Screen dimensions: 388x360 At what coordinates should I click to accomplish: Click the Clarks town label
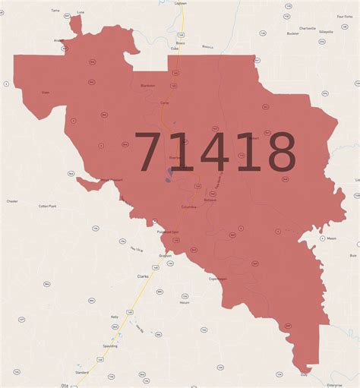coord(143,276)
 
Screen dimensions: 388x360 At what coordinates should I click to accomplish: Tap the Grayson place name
coord(165,255)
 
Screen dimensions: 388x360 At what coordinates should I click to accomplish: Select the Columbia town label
coord(189,206)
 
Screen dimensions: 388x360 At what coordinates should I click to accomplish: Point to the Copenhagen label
coord(218,279)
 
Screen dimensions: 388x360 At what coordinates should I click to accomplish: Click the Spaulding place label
coord(109,345)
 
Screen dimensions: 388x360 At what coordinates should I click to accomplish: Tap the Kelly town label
coord(115,317)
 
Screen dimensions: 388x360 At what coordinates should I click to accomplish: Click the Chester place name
coord(12,201)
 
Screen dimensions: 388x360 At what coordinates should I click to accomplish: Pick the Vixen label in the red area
coord(45,92)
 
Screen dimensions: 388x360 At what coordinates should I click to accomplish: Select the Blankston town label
coord(147,86)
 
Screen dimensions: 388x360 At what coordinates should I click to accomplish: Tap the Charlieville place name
coord(308,28)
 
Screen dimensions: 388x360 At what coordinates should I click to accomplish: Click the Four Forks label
coord(344,16)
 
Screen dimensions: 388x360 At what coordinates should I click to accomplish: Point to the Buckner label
coord(292,34)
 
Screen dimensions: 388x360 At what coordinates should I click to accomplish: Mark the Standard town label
coord(82,373)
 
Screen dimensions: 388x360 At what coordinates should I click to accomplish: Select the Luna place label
coord(81,12)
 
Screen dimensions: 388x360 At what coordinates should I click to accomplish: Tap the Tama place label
coord(55,11)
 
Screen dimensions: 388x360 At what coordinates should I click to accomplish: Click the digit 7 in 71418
coord(152,152)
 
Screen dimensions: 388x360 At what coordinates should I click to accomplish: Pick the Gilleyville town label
coord(327,33)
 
